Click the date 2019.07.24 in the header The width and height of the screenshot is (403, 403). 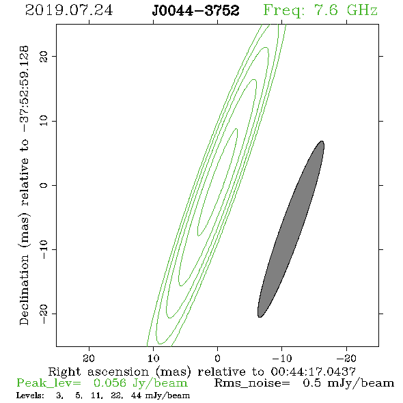[69, 10]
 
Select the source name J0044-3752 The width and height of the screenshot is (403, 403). [195, 10]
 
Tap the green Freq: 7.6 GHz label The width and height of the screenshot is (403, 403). [320, 11]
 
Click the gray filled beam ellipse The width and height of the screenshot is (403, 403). [291, 229]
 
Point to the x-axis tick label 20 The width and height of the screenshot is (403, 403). [89, 358]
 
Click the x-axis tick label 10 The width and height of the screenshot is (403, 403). [154, 358]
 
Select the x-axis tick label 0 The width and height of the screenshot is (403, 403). [218, 358]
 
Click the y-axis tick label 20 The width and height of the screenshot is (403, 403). [44, 56]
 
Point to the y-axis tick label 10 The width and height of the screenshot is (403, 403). [44, 121]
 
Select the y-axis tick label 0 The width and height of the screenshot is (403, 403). [44, 185]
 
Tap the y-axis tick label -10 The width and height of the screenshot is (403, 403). [44, 249]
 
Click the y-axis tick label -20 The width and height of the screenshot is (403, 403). [44, 314]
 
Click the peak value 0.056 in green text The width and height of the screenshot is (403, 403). [110, 383]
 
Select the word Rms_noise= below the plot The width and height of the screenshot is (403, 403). [252, 383]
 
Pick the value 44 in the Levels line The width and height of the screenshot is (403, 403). [136, 395]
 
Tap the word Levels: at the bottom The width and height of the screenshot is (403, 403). [30, 395]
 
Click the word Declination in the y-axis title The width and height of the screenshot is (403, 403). [24, 290]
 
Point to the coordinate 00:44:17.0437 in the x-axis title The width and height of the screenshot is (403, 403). [314, 372]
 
